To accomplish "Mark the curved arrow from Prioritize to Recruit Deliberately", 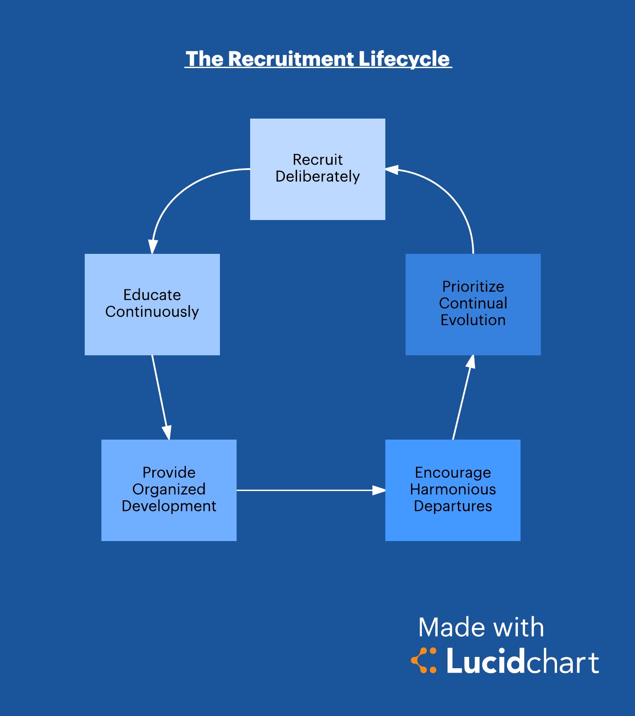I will pyautogui.click(x=455, y=198).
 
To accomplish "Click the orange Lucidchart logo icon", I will pyautogui.click(x=424, y=661).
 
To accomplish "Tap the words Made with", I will pyautogui.click(x=481, y=627).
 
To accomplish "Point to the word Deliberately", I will pyautogui.click(x=317, y=176).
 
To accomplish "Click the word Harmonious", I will pyautogui.click(x=452, y=489).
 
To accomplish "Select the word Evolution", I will pyautogui.click(x=473, y=320).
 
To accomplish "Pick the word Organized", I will pyautogui.click(x=169, y=489).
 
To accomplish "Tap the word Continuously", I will pyautogui.click(x=152, y=312).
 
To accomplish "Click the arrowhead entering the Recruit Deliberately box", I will pyautogui.click(x=391, y=170).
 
